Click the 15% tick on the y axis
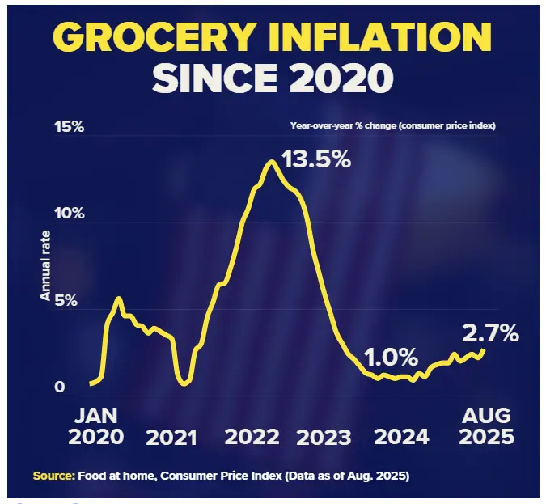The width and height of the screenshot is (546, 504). click(69, 127)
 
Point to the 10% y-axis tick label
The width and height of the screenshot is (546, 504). click(69, 214)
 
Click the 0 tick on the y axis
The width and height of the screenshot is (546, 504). click(59, 388)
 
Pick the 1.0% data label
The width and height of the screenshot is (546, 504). click(390, 357)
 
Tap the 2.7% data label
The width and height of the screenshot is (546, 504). click(491, 332)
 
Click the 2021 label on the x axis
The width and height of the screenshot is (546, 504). click(171, 438)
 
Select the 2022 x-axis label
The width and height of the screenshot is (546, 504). click(252, 438)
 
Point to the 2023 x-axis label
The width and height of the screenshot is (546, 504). click(324, 438)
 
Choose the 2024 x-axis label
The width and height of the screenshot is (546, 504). click(401, 438)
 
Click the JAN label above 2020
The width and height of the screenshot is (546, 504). click(95, 416)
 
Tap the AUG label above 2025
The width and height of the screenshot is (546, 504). click(486, 416)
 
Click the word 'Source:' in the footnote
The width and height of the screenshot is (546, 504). click(54, 476)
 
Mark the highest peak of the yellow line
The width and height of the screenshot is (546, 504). click(271, 162)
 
